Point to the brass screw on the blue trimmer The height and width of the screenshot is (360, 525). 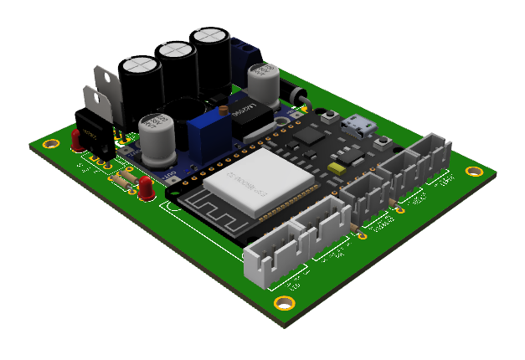[223, 110]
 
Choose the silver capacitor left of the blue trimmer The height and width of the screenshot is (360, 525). [157, 137]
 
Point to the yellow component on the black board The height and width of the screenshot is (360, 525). [337, 168]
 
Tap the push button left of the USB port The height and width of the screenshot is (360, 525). [333, 116]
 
